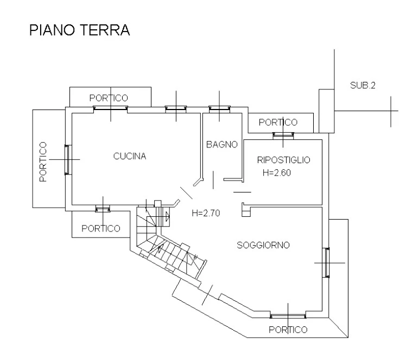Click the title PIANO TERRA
[x=79, y=30]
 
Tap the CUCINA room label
[x=130, y=157]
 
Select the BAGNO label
[x=222, y=144]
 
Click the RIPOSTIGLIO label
[x=283, y=160]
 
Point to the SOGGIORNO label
[x=263, y=245]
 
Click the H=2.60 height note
[x=277, y=173]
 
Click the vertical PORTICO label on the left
[x=43, y=162]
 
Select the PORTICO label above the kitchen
[x=109, y=98]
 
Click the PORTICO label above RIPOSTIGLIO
[x=278, y=123]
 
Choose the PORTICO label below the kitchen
[x=101, y=228]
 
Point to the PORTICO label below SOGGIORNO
[x=288, y=330]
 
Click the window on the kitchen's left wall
[x=68, y=159]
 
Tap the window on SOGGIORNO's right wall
[x=327, y=262]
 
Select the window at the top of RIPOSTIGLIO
[x=282, y=135]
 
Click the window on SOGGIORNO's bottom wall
[x=288, y=316]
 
